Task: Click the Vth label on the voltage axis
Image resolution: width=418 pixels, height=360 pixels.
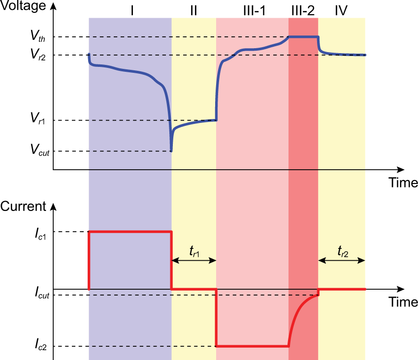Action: (36, 36)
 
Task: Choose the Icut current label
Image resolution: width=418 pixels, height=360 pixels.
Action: (38, 295)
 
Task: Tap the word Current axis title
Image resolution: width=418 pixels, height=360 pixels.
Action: (23, 207)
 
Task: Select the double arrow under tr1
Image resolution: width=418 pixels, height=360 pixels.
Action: (194, 261)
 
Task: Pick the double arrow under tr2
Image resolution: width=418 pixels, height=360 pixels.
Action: (342, 261)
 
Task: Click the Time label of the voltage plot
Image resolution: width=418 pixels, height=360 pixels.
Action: (403, 183)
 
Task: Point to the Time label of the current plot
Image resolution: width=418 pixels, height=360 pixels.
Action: (403, 301)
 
